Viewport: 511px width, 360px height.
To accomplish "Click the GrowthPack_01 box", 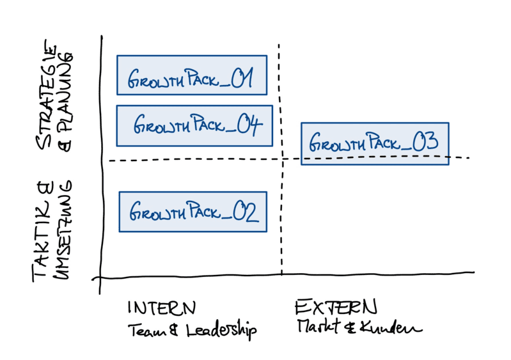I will [x=192, y=75].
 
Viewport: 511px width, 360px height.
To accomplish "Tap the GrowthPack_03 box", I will [x=375, y=144].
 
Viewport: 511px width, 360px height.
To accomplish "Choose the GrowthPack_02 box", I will [x=192, y=211].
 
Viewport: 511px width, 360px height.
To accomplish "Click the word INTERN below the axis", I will [x=162, y=308].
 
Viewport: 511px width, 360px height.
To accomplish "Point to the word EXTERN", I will [x=336, y=308].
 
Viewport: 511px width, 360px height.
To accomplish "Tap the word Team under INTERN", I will [x=146, y=331].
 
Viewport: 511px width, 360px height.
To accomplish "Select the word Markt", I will [x=316, y=326].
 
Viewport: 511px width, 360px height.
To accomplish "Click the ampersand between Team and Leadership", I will [x=174, y=331].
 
